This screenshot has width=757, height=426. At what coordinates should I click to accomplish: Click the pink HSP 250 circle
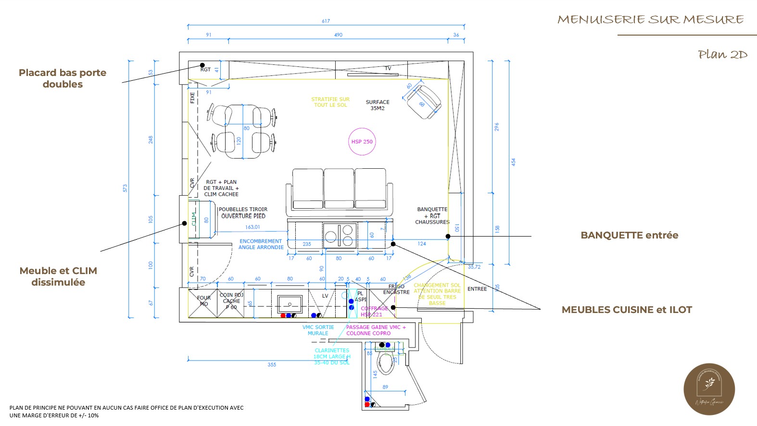click(x=362, y=142)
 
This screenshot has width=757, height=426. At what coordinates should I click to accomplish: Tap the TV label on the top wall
click(x=388, y=68)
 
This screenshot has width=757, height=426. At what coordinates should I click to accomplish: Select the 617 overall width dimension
click(x=326, y=21)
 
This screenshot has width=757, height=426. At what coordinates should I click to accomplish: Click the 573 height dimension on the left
click(x=125, y=188)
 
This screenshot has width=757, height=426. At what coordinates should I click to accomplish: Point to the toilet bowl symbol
click(x=385, y=363)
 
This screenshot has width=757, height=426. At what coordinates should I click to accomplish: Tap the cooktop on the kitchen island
click(x=340, y=236)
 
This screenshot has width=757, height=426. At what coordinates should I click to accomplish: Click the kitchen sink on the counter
click(x=290, y=304)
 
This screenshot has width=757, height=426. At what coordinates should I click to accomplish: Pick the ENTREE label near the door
click(x=477, y=289)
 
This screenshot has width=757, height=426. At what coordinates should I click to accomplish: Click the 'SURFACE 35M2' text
click(x=378, y=105)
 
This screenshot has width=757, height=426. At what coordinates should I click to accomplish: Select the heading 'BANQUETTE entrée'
click(x=629, y=236)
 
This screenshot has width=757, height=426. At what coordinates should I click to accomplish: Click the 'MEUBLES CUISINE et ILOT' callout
click(x=627, y=310)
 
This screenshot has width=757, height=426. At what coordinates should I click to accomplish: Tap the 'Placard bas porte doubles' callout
click(x=63, y=78)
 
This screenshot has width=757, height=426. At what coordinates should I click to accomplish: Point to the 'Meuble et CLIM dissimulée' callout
click(x=58, y=276)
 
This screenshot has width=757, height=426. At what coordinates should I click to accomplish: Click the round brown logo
click(x=709, y=389)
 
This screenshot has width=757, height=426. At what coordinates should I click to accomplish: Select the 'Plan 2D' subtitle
click(x=722, y=55)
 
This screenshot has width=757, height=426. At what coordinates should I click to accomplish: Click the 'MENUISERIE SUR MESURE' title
click(x=650, y=20)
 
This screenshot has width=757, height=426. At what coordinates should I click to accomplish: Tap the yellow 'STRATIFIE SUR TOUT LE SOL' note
click(x=330, y=102)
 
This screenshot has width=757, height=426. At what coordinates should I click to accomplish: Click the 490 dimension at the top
click(x=338, y=35)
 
